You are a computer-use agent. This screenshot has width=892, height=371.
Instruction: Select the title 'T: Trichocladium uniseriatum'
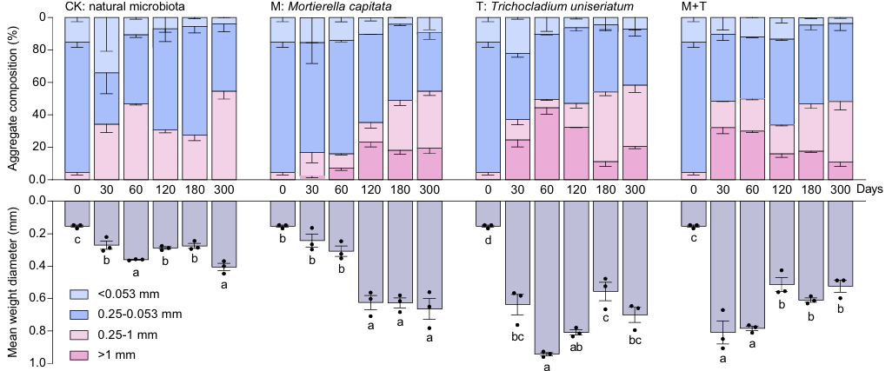coord(554,7)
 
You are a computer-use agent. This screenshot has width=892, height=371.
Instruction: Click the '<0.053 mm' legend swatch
coord(78,295)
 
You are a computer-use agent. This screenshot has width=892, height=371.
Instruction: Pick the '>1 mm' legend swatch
coord(78,354)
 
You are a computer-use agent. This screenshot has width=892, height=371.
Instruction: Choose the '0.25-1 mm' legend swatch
coord(78,335)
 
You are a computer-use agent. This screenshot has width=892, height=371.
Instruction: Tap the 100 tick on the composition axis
coord(39,17)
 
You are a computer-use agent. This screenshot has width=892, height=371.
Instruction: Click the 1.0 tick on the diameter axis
coord(39,362)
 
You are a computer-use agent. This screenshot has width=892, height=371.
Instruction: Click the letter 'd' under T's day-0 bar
coord(489,240)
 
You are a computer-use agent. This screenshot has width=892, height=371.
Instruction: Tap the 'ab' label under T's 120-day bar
coord(576,347)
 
